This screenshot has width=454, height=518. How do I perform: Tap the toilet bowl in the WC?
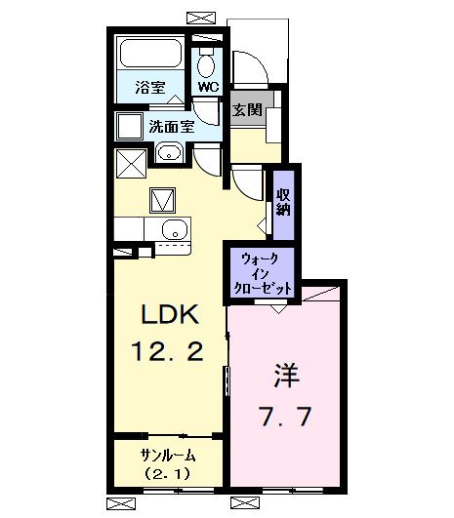pos(205,64)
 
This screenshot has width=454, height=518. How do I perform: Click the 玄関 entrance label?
pos(246,109)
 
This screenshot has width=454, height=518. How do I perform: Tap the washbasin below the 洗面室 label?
pos(168,153)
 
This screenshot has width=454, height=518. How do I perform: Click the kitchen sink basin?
pos(174,230)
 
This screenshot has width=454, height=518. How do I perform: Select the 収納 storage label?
pos(283,201)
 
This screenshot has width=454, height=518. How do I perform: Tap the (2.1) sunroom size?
pos(168,475)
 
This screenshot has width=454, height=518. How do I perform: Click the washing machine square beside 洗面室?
pos(129,127)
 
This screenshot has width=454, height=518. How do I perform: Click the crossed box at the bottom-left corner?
pos(121,504)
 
